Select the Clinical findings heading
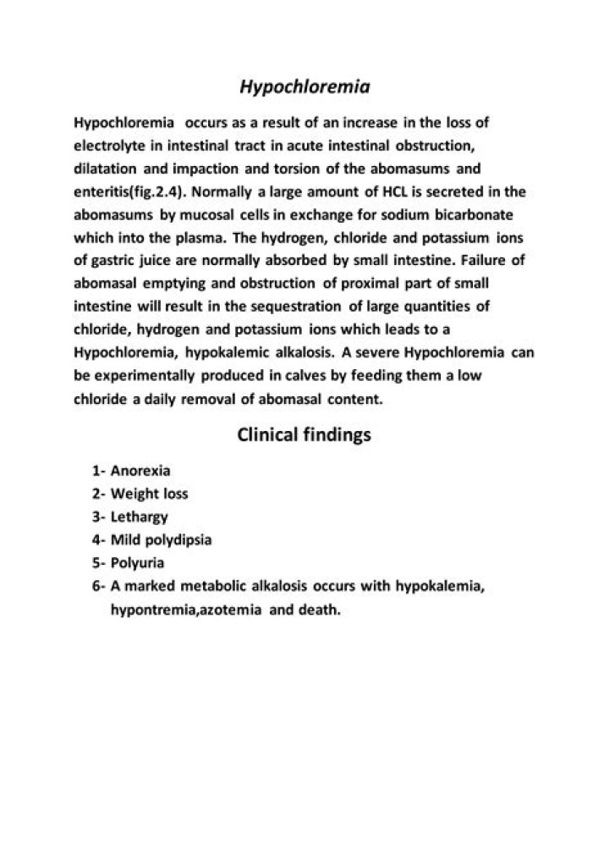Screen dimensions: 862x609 coord(304,435)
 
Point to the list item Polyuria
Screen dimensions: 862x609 coord(137,561)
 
